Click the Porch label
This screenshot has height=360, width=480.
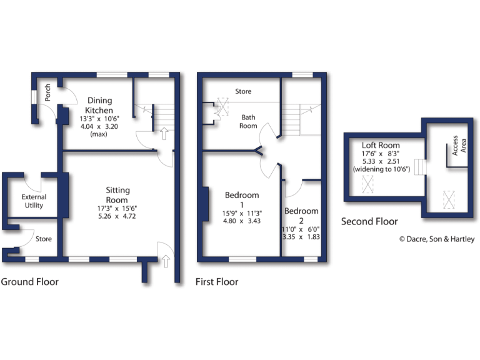47,93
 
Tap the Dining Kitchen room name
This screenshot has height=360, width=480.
99,105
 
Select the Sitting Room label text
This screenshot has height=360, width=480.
117,195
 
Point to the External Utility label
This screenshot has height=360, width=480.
35,201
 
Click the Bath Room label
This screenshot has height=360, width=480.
249,121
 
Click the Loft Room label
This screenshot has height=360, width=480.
381,145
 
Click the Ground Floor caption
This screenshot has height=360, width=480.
30,282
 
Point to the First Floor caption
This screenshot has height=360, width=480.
217,282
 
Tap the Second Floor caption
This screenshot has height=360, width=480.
369,221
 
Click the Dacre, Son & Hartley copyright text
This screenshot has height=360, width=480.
437,239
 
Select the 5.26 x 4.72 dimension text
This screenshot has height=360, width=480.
117,216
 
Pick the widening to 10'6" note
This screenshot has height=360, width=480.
381,169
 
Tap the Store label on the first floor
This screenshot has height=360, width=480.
243,91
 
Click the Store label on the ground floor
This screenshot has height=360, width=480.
44,239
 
